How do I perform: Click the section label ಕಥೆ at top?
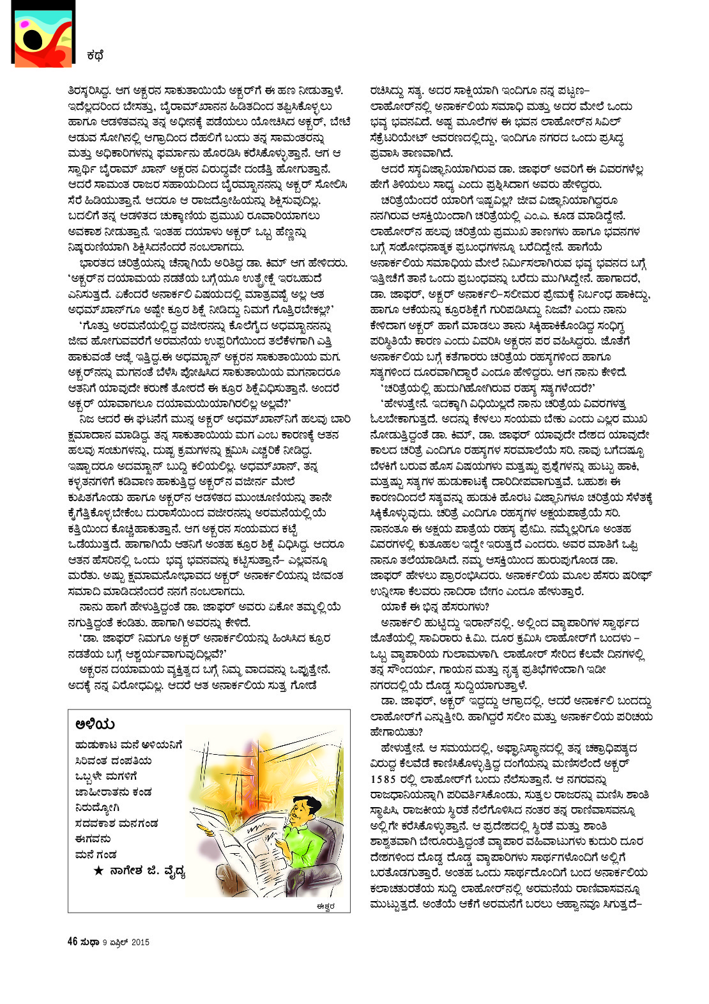[95, 56]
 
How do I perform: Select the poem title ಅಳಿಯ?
[95, 723]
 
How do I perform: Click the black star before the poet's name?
[98, 870]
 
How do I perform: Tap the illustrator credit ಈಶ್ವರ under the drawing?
[324, 905]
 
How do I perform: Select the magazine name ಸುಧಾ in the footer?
[89, 941]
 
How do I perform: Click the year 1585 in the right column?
[386, 779]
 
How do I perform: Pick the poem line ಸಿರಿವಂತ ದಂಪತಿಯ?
[113, 761]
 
